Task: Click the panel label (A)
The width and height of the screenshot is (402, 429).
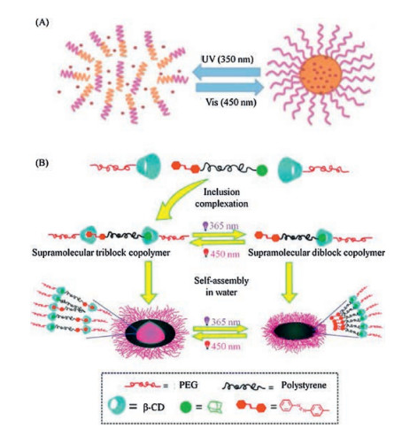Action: (42, 23)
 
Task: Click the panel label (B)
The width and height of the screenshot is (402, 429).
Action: (42, 163)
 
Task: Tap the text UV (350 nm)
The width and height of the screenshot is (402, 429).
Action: (228, 59)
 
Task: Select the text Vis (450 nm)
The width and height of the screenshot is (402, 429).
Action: (231, 102)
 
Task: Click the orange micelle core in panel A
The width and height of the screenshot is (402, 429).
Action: (321, 74)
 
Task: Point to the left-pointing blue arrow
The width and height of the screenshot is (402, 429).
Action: (227, 73)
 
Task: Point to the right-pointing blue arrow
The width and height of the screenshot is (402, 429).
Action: (229, 88)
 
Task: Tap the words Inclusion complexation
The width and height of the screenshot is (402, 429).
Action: (221, 198)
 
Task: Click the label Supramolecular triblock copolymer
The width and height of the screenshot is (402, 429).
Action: (101, 253)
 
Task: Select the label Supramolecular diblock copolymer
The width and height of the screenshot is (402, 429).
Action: (316, 253)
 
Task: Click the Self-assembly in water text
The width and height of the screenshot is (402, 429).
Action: (221, 286)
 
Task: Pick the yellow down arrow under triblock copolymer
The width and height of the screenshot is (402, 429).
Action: (149, 283)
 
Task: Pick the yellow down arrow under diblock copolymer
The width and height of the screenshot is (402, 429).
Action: (290, 283)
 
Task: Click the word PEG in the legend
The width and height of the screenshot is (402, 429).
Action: (189, 386)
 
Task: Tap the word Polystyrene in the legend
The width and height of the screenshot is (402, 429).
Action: (304, 386)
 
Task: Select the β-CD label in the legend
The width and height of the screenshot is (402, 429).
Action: (154, 408)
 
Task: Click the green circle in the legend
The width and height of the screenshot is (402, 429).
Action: (186, 408)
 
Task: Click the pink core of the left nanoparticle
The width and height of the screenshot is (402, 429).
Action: (150, 332)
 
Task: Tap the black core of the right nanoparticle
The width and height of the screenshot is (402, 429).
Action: (294, 331)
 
